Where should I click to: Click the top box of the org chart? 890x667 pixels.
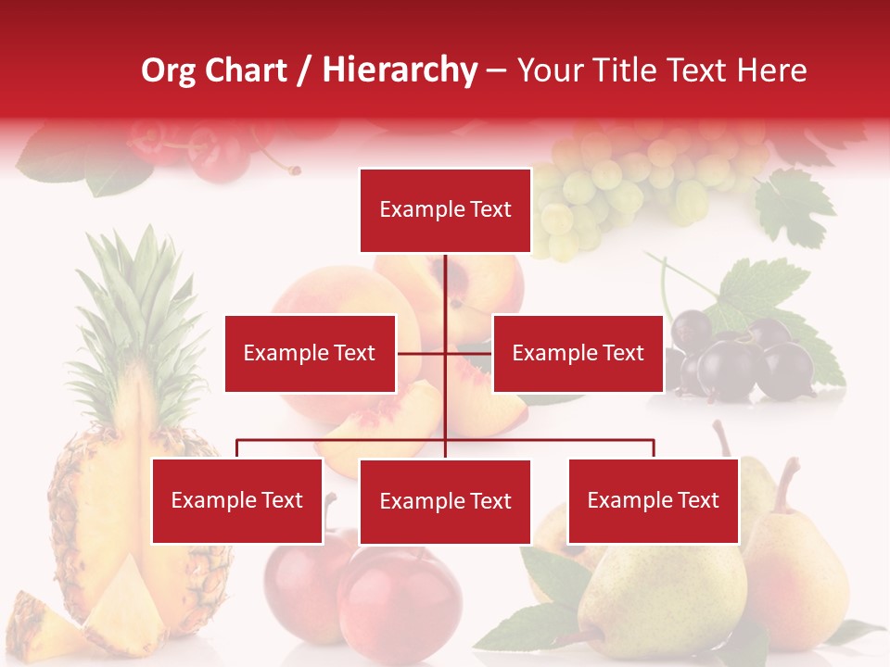tap(445, 210)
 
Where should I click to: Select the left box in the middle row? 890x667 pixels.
tap(310, 353)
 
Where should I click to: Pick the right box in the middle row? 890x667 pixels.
tap(578, 353)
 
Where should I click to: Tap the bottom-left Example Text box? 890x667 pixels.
tap(237, 500)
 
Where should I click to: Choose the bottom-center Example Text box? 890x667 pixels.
tap(445, 501)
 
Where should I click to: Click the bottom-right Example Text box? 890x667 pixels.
tap(653, 500)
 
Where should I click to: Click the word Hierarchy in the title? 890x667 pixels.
tap(400, 70)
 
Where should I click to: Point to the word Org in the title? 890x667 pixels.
tap(169, 70)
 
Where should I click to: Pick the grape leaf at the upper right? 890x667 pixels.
tap(793, 208)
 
